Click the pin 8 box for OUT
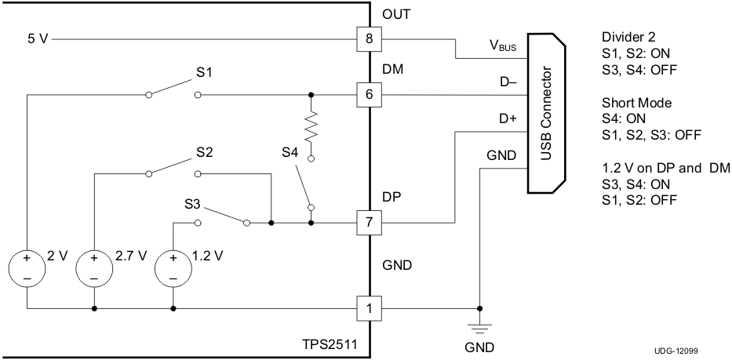pos(370,38)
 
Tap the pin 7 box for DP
pos(370,223)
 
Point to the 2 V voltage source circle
pos(26,267)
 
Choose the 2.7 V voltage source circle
pos(94,267)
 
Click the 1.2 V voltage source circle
pos(173,267)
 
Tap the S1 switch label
pos(204,73)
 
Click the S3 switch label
pos(194,203)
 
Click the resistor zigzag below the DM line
pos(312,125)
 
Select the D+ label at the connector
pos(508,119)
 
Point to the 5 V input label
pos(37,38)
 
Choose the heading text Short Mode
pos(636,104)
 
